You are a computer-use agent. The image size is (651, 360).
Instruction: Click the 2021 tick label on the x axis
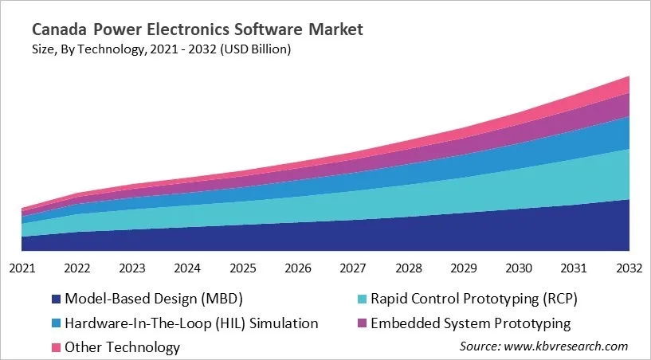(22, 268)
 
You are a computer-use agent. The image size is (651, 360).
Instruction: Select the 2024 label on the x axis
(186, 268)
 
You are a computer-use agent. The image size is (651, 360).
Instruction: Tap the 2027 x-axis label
(353, 268)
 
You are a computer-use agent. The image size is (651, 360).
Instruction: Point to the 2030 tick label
(519, 268)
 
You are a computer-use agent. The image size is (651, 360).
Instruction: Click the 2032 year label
(629, 268)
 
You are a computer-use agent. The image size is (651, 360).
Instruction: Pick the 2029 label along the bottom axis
(464, 268)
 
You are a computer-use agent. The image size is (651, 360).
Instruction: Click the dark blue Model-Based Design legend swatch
(56, 299)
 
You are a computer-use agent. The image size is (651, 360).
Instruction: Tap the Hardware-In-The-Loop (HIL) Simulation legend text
(191, 323)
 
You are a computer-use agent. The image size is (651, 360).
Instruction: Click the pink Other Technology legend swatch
(56, 347)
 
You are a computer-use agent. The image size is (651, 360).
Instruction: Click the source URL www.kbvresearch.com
(567, 346)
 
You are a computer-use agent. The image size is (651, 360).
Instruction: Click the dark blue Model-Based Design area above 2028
(408, 235)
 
